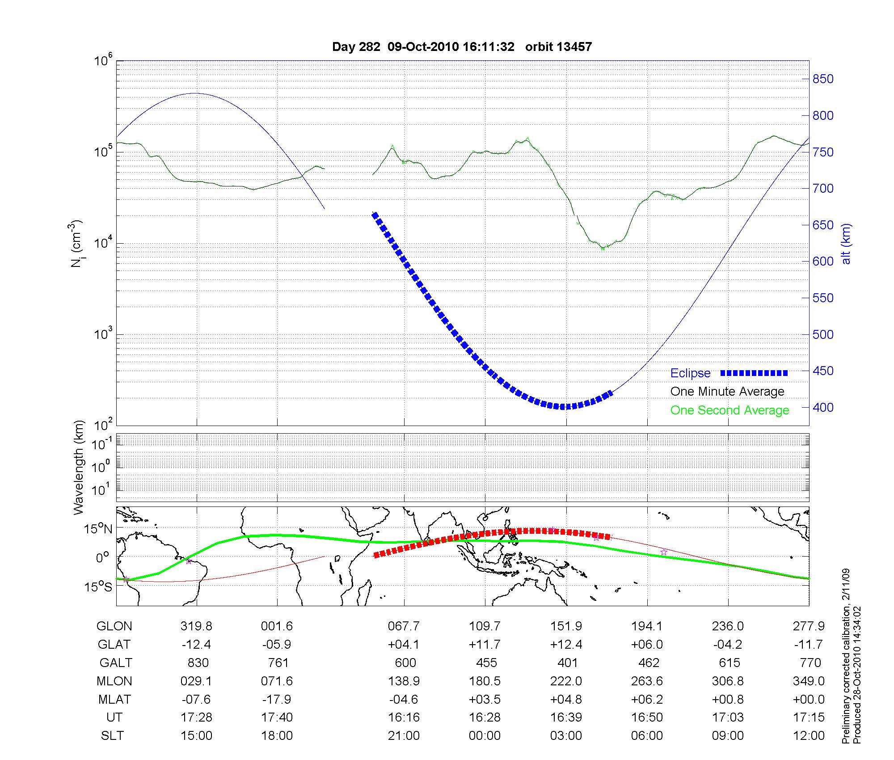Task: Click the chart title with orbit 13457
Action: (x=462, y=47)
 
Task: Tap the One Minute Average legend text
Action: (x=727, y=392)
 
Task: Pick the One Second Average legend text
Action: (x=730, y=410)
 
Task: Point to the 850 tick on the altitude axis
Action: (x=822, y=79)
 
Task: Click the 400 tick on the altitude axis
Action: (x=822, y=408)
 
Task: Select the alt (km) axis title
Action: (x=846, y=244)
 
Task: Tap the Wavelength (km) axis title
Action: (x=79, y=467)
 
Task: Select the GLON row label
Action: (x=114, y=626)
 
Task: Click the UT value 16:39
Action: (x=566, y=718)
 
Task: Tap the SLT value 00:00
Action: (x=485, y=736)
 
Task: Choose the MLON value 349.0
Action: (x=809, y=681)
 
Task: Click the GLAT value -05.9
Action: (x=277, y=645)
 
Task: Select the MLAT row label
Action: (x=114, y=699)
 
